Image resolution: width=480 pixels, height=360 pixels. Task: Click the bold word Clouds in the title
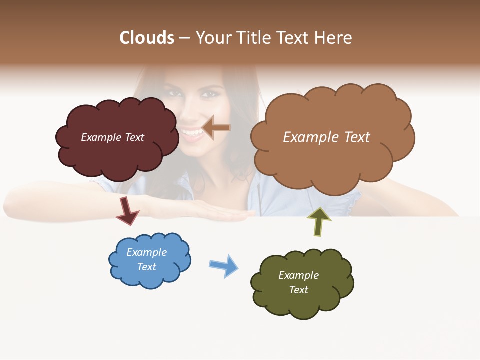click(x=147, y=38)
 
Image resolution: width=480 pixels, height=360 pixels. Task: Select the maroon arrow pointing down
click(x=127, y=211)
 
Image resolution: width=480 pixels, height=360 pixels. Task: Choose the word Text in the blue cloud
click(x=147, y=267)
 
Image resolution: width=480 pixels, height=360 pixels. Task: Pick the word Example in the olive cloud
click(x=298, y=275)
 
